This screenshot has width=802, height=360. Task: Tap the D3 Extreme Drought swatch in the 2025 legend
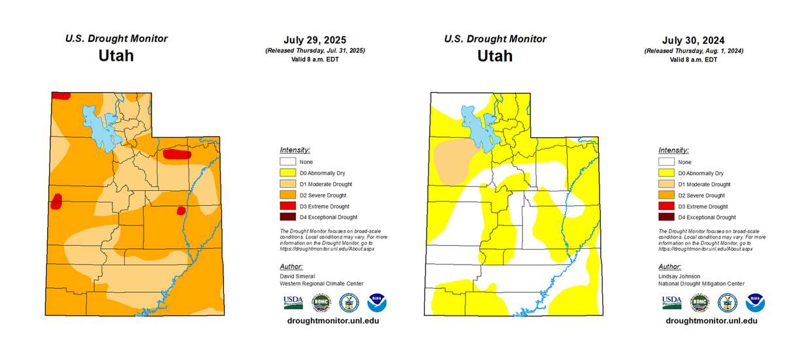pos(288,206)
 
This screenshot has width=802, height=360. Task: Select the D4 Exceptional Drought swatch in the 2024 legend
pos(667,217)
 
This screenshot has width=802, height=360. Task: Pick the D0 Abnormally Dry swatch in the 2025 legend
pos(288,173)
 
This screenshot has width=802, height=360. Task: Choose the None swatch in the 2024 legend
pos(667,162)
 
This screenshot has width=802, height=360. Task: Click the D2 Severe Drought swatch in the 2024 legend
pos(667,195)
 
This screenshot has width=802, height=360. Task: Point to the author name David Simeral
pos(297,276)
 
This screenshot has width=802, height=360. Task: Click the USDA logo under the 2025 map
pos(293,302)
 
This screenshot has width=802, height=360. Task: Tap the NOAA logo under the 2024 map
pos(755,302)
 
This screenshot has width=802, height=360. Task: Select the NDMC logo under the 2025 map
pos(321,302)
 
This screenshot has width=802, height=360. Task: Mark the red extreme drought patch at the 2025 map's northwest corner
pos(61,96)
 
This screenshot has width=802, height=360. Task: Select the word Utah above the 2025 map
pos(116,56)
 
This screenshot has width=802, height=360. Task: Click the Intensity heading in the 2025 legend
pos(295,150)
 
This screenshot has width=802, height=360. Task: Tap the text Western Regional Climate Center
pos(321,284)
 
